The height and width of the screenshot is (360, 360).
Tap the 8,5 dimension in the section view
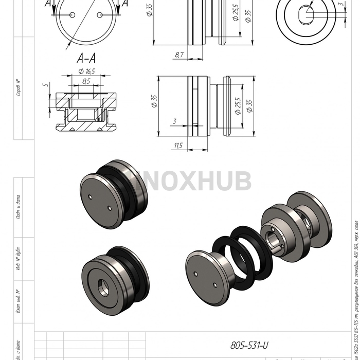[86, 81]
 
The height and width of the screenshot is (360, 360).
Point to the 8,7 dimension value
[179, 54]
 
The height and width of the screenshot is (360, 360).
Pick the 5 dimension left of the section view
[46, 84]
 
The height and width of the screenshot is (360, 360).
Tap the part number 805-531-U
[249, 346]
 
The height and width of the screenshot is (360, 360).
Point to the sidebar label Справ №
[18, 87]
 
